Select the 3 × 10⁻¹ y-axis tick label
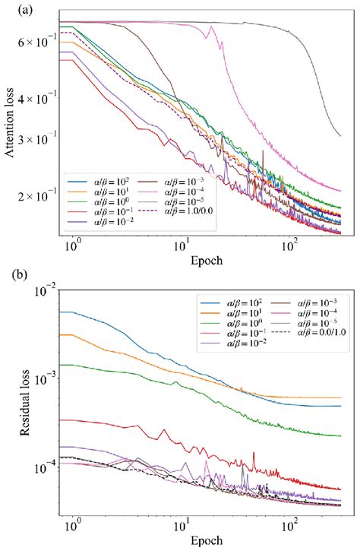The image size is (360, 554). tap(41, 140)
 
